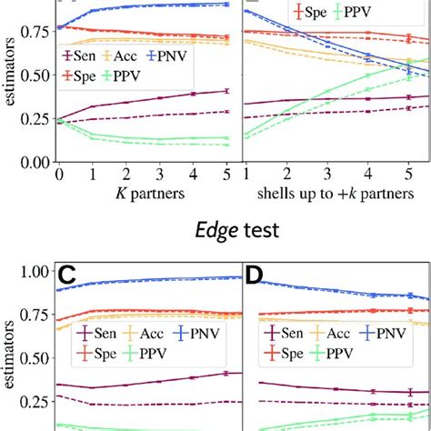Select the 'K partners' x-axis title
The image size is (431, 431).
(147, 194)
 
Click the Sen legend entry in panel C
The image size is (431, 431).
(105, 333)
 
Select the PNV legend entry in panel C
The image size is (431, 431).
(205, 333)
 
